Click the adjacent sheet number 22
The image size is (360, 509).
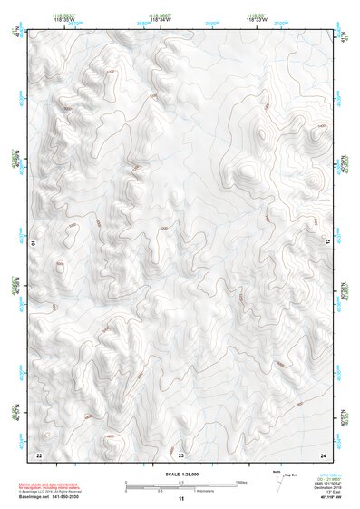(39, 453)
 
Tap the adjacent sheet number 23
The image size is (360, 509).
(180, 453)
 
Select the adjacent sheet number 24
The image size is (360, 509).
(322, 453)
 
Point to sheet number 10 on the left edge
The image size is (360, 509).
(34, 243)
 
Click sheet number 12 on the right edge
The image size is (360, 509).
(328, 242)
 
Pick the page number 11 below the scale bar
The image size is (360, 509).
(180, 499)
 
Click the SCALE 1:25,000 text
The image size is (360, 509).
(180, 473)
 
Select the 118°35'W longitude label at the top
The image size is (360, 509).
(63, 19)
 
